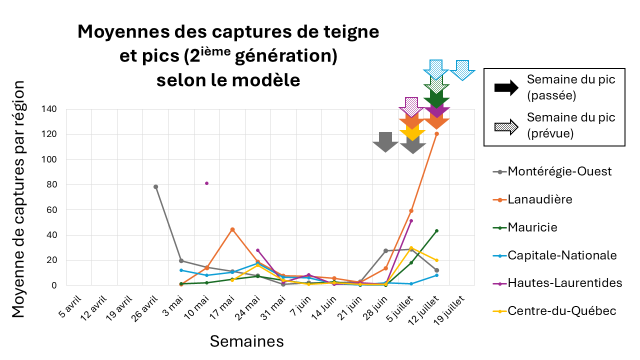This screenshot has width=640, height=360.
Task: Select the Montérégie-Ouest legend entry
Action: (x=559, y=171)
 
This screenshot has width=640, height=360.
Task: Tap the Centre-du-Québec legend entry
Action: (x=561, y=311)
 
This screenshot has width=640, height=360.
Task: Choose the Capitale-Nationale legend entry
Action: (x=562, y=255)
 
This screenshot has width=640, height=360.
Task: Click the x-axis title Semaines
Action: (x=246, y=341)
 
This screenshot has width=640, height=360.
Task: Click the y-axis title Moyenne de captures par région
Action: (x=18, y=200)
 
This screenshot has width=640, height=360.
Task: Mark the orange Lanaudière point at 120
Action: (x=436, y=133)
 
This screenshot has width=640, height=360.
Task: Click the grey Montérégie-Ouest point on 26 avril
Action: (x=155, y=186)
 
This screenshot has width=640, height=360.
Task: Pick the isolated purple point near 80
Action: (x=206, y=183)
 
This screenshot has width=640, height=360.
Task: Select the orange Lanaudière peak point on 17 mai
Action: (x=232, y=229)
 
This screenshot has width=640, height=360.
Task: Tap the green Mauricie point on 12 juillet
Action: (x=436, y=230)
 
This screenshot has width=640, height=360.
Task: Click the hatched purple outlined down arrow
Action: (x=411, y=106)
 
